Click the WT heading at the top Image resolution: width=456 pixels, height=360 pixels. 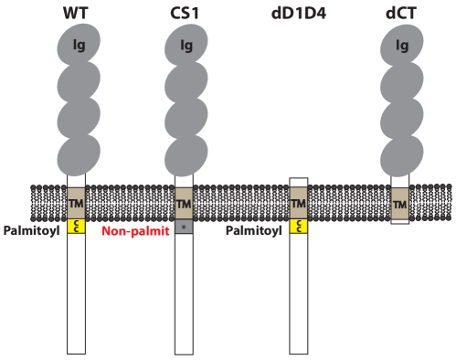click(77, 13)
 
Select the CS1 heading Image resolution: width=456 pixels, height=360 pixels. click(185, 13)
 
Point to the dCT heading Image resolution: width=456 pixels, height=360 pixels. click(399, 13)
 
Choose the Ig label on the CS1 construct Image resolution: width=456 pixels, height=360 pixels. click(186, 44)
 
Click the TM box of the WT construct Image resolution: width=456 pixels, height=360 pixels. click(77, 203)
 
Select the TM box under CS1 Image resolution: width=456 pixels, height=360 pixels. click(184, 203)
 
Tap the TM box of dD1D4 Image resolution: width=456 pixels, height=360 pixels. click(298, 203)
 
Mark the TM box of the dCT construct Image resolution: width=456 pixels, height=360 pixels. click(399, 204)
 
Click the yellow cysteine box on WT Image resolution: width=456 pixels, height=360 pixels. click(77, 226)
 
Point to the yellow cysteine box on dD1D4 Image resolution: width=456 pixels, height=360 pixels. click(298, 226)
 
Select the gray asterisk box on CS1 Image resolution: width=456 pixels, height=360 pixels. click(184, 226)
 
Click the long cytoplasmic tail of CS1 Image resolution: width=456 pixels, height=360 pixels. click(184, 292)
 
